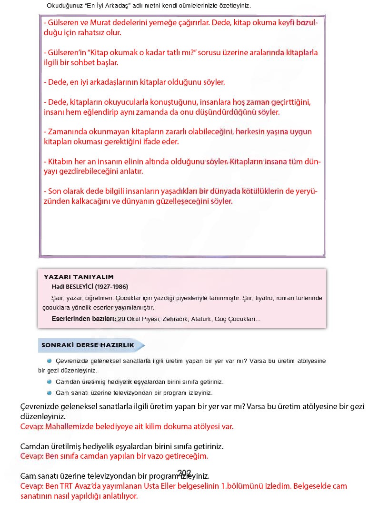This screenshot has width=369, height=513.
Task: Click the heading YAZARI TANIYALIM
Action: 79,277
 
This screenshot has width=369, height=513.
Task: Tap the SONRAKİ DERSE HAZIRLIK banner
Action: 88,345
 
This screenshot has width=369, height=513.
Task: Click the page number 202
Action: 184,473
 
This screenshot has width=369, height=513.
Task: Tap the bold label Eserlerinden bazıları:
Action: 84,319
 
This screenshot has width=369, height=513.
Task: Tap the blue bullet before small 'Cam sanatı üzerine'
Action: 49,393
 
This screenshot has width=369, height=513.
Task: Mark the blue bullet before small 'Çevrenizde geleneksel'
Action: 49,361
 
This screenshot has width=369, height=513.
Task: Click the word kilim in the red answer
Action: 149,426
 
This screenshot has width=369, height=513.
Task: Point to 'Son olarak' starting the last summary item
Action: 65,191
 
